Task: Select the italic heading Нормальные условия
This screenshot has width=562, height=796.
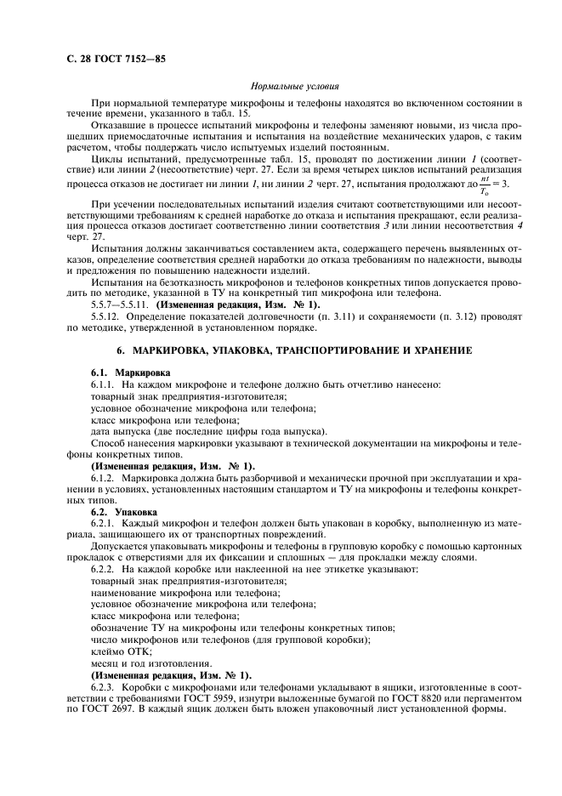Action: point(296,86)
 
